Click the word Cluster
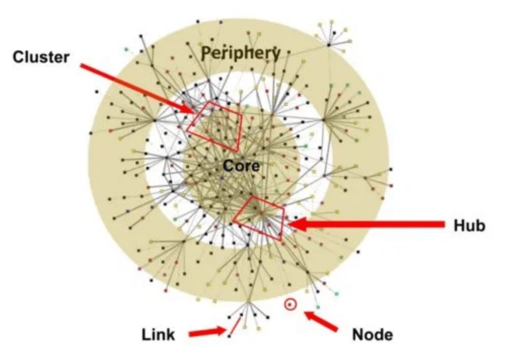click(41, 56)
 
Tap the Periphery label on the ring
click(241, 53)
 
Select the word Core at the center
click(241, 166)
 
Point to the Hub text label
click(469, 225)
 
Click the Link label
click(158, 334)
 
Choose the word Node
click(372, 334)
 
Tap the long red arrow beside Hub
click(370, 224)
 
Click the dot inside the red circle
click(290, 305)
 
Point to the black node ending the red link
click(230, 336)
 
